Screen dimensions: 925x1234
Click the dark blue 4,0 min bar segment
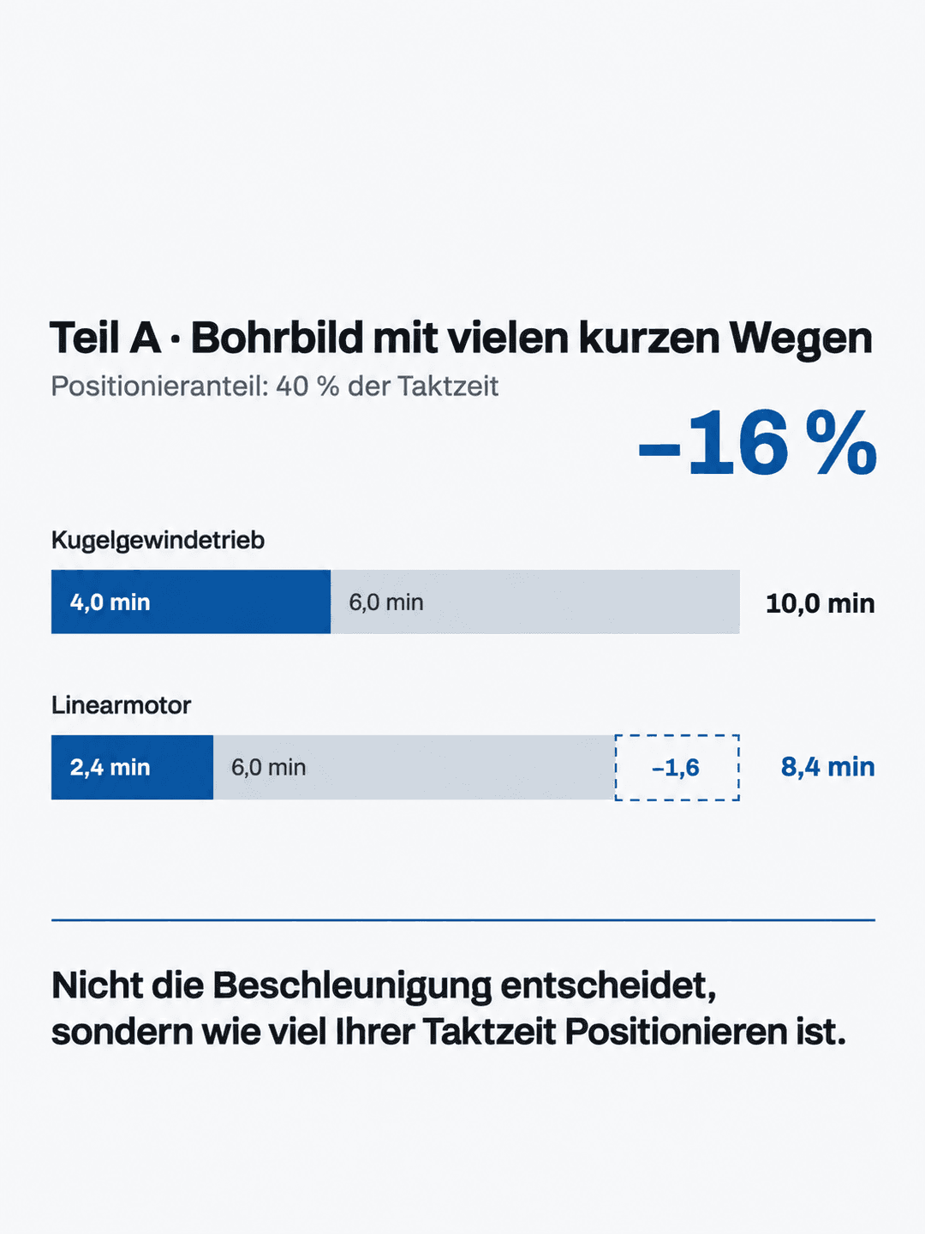191,602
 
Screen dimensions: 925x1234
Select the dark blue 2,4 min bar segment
132,767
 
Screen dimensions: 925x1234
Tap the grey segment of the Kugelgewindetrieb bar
535,602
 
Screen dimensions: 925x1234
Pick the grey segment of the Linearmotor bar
414,767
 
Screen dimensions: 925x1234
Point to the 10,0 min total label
820,603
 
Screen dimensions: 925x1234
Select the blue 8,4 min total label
828,767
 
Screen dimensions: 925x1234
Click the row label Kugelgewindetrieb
158,540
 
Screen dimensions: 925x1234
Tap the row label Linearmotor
122,705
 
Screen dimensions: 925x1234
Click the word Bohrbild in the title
277,338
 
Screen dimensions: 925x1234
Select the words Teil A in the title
105,338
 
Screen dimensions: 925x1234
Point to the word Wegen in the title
800,339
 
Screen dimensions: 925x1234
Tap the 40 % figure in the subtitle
307,386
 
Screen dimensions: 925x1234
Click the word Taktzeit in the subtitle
448,386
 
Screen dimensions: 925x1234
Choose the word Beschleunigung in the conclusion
352,987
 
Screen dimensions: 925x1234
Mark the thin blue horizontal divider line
463,920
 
